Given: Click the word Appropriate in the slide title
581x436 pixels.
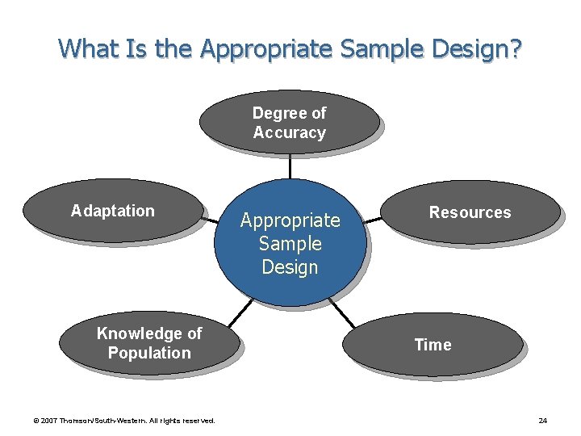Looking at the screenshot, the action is pos(266,49).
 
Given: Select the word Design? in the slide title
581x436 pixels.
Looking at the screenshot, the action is pos(477,49).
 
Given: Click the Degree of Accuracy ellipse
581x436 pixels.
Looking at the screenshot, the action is pos(289,122).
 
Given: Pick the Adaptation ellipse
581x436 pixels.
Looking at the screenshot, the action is pos(112,211).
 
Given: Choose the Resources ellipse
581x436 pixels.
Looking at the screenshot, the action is pos(470,212).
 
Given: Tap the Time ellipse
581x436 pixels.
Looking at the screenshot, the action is pos(433,345).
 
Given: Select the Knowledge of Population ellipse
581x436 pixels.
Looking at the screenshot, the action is pos(149,343).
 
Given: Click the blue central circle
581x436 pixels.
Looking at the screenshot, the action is pos(290,243).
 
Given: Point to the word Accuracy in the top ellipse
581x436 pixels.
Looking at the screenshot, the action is pos(289,132).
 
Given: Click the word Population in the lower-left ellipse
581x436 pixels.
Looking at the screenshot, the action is pos(149,353).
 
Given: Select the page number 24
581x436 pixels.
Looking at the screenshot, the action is pos(542,420).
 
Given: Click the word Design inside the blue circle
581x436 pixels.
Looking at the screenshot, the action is pos(290,267).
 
